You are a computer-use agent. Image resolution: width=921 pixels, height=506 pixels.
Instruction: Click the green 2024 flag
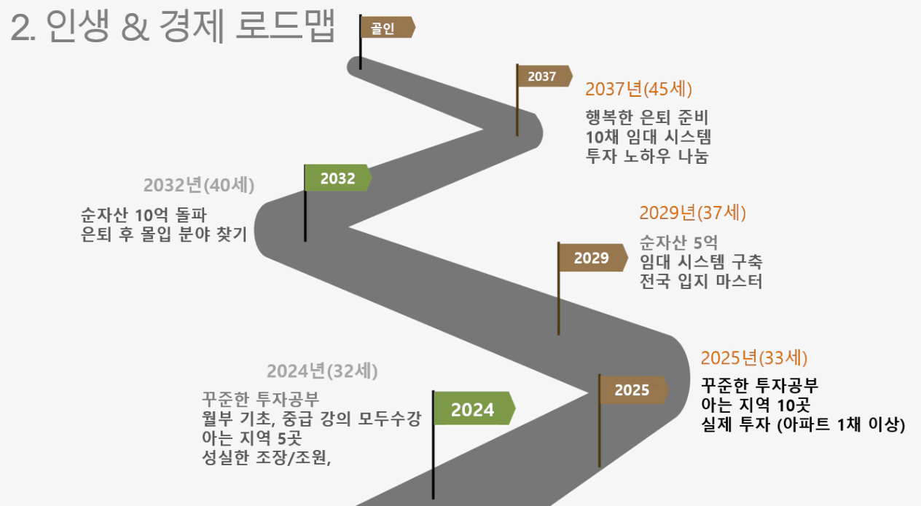pos(473,408)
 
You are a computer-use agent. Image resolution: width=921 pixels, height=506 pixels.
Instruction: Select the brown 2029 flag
pos(592,258)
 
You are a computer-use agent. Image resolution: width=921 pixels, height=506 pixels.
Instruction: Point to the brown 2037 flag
pos(543,76)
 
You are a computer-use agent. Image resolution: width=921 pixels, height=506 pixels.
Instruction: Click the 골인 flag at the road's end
pos(386,28)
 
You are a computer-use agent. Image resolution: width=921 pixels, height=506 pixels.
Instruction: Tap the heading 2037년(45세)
pos(638,89)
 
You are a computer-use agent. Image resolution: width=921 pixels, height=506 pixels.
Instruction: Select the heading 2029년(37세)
pos(692,213)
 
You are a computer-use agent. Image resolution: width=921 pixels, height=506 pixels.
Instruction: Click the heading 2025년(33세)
pos(754,357)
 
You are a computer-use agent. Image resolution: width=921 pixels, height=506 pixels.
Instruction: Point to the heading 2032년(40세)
pos(199,185)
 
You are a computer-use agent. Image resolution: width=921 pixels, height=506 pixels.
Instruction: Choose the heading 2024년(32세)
pos(322,371)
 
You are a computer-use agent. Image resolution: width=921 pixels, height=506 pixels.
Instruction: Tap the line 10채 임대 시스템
pos(648,136)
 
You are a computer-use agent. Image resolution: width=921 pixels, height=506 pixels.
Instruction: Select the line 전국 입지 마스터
pos(701,281)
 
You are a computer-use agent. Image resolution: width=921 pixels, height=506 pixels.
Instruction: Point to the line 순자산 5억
pos(678,242)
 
